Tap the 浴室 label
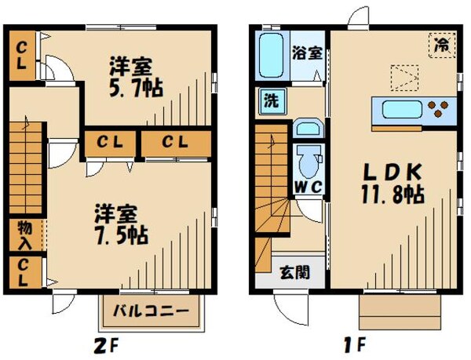307,53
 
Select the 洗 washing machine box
269,100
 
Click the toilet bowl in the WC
307,165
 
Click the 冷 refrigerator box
442,45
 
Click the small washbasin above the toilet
306,129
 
